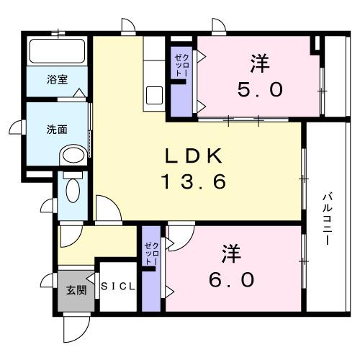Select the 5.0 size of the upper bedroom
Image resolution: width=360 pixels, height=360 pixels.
click(260, 90)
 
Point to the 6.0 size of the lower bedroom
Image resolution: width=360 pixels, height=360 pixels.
click(231, 279)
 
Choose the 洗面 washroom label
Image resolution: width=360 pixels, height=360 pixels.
click(57, 130)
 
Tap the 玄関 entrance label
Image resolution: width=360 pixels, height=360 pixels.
click(76, 290)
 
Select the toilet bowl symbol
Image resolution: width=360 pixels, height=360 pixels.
click(73, 189)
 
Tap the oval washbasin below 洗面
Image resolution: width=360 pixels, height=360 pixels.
click(72, 154)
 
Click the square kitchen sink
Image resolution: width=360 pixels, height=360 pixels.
click(154, 94)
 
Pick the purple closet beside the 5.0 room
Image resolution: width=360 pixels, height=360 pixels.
click(180, 79)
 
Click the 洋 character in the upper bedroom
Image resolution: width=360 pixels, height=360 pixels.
click(260, 64)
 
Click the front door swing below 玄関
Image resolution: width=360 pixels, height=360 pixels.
click(75, 328)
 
